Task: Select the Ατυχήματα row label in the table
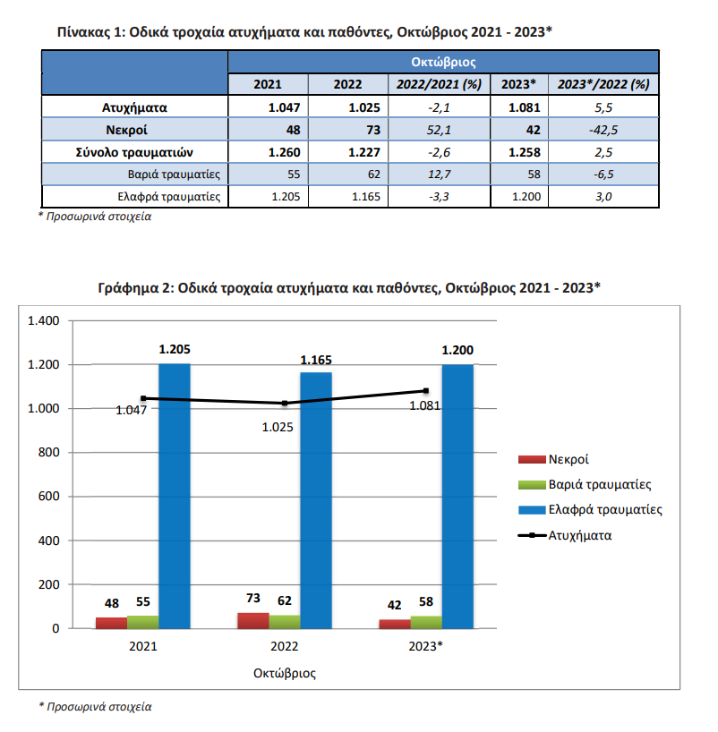click(x=134, y=108)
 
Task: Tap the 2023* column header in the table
click(x=518, y=84)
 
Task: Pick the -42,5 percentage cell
click(x=603, y=130)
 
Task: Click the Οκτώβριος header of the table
click(x=443, y=62)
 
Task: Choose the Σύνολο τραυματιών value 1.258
click(x=524, y=153)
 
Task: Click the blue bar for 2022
click(x=316, y=500)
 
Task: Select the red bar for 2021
click(x=111, y=623)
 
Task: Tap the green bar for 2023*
click(x=426, y=622)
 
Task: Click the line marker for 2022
click(x=285, y=403)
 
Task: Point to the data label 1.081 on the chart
click(x=424, y=405)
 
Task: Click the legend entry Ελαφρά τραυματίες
click(x=591, y=509)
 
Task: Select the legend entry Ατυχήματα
click(x=565, y=535)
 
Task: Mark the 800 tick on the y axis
click(x=48, y=453)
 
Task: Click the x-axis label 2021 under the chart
click(x=143, y=646)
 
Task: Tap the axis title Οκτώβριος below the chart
click(x=285, y=673)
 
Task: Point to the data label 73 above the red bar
click(x=253, y=598)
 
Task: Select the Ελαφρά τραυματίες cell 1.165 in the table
click(x=366, y=197)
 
